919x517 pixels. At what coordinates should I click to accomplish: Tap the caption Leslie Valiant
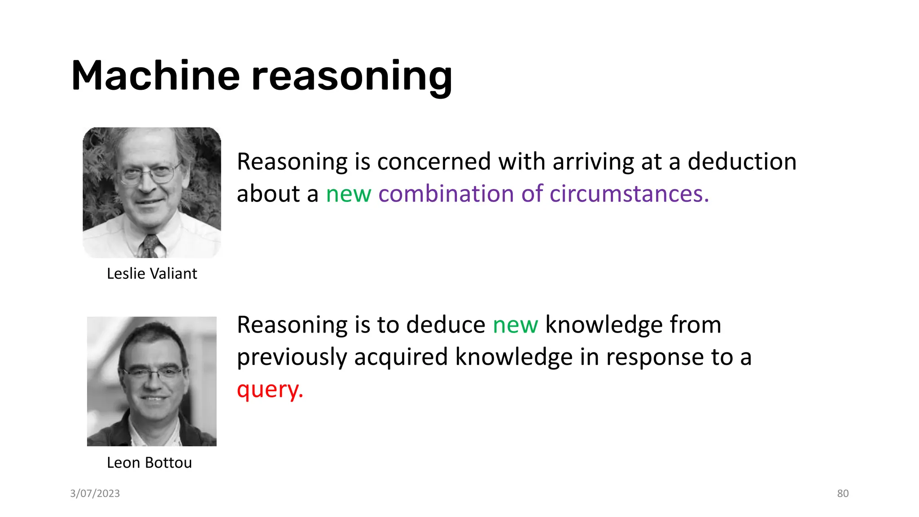click(x=152, y=273)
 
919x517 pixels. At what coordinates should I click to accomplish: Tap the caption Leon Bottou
click(x=149, y=462)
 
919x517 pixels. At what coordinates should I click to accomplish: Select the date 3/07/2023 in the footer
click(x=95, y=493)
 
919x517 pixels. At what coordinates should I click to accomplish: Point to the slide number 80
click(x=843, y=493)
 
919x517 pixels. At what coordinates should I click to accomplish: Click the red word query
click(x=270, y=390)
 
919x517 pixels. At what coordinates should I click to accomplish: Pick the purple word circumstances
click(x=629, y=194)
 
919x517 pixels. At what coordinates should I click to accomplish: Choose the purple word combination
click(x=446, y=194)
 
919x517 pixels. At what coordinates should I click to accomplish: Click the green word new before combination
click(x=348, y=195)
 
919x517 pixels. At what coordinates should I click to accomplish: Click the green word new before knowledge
click(x=515, y=325)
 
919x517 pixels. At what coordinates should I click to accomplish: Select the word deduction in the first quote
click(x=742, y=162)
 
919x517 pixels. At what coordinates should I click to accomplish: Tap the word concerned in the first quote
click(x=434, y=162)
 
